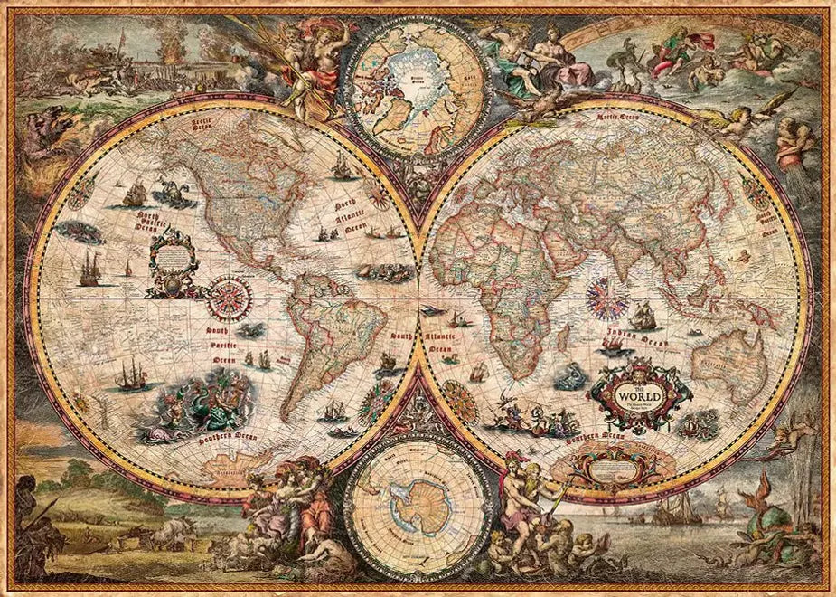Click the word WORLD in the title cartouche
click(x=641, y=395)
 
